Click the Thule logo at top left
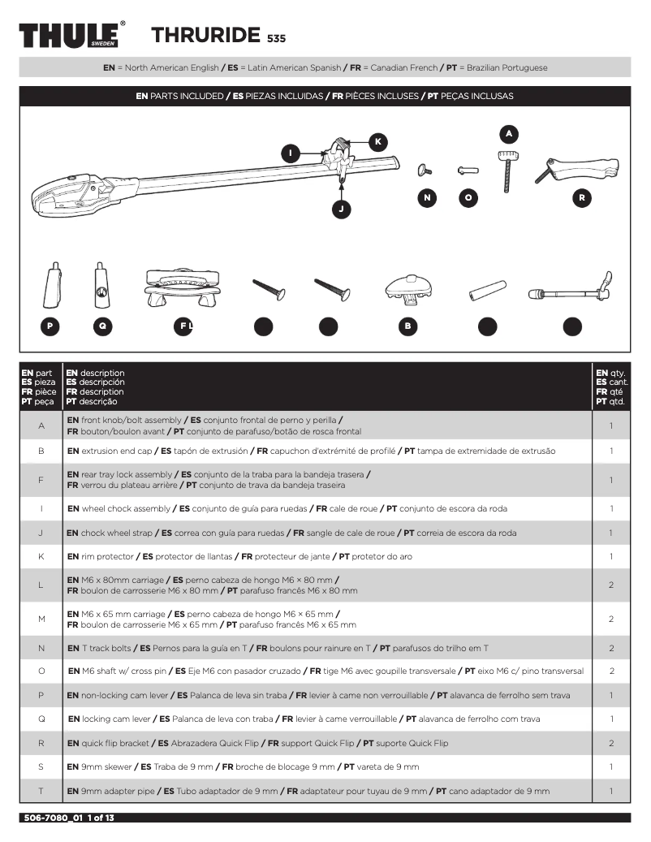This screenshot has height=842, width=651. tap(71, 36)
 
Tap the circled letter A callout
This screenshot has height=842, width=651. tap(508, 132)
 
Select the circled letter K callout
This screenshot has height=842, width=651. tap(377, 142)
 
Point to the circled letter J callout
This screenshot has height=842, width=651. tap(342, 209)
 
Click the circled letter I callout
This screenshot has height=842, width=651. tap(291, 153)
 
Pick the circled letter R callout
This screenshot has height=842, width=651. tap(581, 197)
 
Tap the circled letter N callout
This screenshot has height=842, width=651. tap(427, 197)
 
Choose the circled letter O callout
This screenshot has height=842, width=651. tap(467, 197)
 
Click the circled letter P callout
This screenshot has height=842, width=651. tap(50, 326)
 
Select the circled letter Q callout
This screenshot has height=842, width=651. tap(101, 326)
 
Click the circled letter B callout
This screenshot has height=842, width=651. tap(408, 326)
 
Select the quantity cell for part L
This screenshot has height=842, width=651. tap(610, 585)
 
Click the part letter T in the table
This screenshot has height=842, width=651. tap(41, 791)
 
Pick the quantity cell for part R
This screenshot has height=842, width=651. tap(610, 743)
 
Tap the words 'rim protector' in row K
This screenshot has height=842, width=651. tap(107, 557)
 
